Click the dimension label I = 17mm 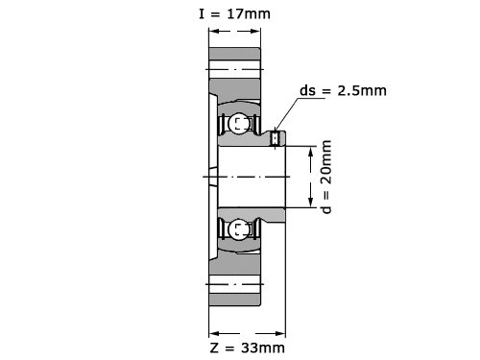[234, 14]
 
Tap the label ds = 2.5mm [343, 90]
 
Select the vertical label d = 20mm [326, 177]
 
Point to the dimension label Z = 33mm [248, 348]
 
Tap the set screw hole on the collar [276, 138]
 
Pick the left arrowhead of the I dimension [214, 31]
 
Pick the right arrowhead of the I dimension [255, 31]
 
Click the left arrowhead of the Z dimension [214, 334]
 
